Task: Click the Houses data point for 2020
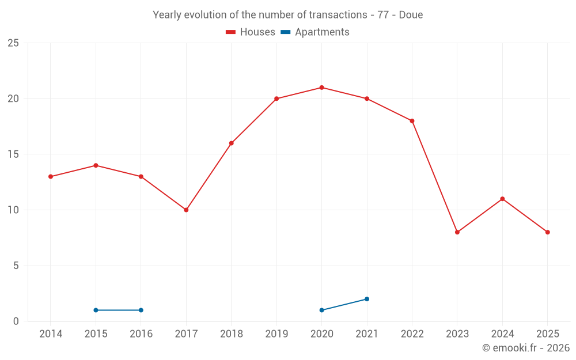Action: [x=321, y=88]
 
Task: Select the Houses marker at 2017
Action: [x=186, y=210]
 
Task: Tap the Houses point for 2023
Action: [x=457, y=232]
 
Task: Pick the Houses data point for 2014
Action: [x=51, y=177]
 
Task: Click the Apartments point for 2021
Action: [x=367, y=299]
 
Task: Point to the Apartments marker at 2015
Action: [x=96, y=310]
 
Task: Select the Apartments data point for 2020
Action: [x=321, y=310]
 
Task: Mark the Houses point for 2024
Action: [x=502, y=199]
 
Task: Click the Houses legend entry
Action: [x=251, y=32]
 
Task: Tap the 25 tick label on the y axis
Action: [x=13, y=43]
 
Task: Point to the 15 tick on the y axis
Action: [x=13, y=154]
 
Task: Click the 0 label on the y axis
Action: [x=16, y=321]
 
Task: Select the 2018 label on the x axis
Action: [x=231, y=334]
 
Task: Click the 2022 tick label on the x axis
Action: [x=412, y=334]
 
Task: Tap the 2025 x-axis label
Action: [x=547, y=334]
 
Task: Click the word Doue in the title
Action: [x=411, y=15]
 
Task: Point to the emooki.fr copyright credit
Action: [x=526, y=348]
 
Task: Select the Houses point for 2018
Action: [x=231, y=143]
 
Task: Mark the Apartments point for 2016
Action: [x=141, y=310]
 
